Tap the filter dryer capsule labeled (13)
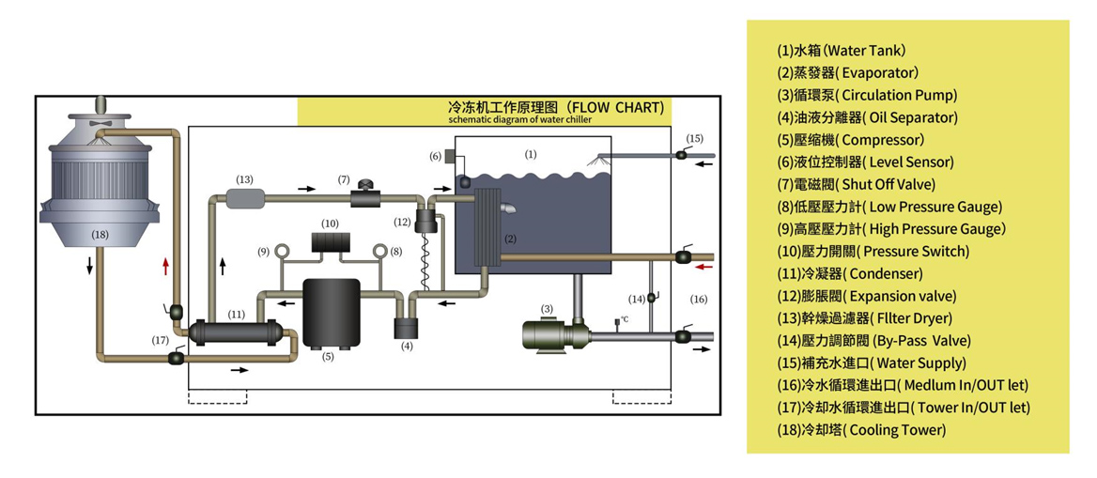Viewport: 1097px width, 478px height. coord(244,199)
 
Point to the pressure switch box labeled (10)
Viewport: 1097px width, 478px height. coord(330,241)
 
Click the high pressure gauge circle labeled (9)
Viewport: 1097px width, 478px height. coord(265,251)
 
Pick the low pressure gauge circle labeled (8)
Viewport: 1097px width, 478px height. coord(380,251)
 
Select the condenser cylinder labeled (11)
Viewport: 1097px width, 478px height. coord(236,332)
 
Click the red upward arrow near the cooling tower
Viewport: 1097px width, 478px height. coord(165,268)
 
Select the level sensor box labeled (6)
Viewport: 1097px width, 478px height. coord(450,156)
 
